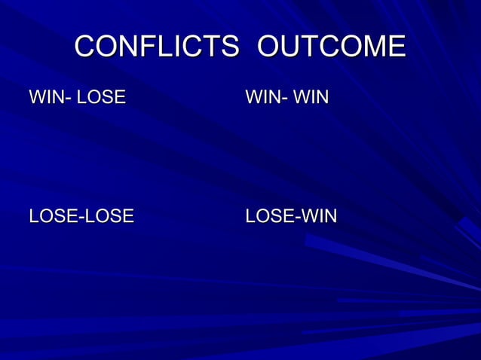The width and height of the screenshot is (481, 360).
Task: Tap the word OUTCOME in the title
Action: click(x=331, y=47)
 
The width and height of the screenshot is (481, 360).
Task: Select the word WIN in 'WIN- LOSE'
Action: click(x=44, y=97)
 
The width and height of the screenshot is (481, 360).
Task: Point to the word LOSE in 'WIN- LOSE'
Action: click(x=101, y=97)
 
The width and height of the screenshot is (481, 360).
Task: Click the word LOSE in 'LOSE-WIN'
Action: click(x=270, y=217)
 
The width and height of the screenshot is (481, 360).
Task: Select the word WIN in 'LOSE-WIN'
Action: click(x=319, y=217)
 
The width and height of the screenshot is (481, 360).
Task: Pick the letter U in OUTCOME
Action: click(x=298, y=47)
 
